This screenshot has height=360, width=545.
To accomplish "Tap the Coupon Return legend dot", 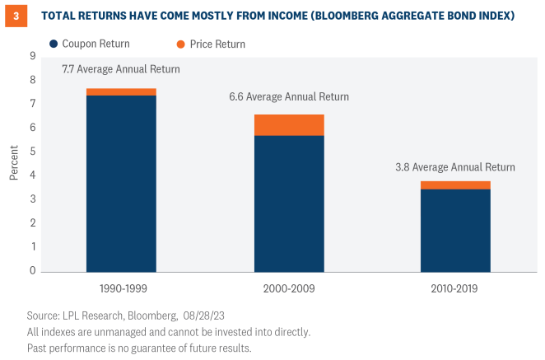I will click(x=54, y=44).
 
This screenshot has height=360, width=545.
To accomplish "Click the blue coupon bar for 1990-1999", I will click(x=121, y=183).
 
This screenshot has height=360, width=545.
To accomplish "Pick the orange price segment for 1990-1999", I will click(x=121, y=91).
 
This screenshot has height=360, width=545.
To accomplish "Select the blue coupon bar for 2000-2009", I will click(x=288, y=203).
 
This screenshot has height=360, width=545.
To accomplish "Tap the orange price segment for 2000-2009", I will click(x=288, y=124).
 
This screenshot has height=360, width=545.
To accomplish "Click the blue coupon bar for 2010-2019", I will click(x=455, y=230).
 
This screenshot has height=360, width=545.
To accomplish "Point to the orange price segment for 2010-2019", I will click(x=455, y=185).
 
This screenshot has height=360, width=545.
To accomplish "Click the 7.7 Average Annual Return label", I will click(x=121, y=70).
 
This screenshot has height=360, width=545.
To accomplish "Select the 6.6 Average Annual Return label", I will click(x=289, y=97).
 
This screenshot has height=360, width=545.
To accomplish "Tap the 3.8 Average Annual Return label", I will click(x=455, y=167).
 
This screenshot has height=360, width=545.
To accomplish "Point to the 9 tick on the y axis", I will click(x=34, y=56).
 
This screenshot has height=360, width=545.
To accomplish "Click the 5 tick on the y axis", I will click(x=34, y=152).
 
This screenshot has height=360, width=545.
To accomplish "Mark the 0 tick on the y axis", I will click(x=34, y=271).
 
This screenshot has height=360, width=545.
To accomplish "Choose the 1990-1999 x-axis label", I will click(x=121, y=289).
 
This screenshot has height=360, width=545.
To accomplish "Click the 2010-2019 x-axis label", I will click(x=455, y=289).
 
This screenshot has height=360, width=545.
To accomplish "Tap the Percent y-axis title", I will click(x=14, y=163).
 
